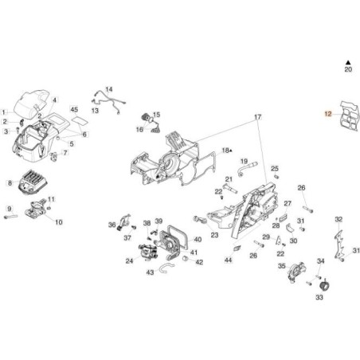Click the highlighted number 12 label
point(327,115)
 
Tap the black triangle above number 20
point(347,61)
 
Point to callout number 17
point(257,118)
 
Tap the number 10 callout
point(59,222)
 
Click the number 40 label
point(198,239)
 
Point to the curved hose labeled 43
point(164,269)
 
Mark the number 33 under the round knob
point(319,298)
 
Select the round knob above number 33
point(324,284)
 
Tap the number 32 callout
point(338,219)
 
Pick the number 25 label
point(275,169)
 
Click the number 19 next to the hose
point(244,161)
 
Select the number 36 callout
point(112,225)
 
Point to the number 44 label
point(228,260)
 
